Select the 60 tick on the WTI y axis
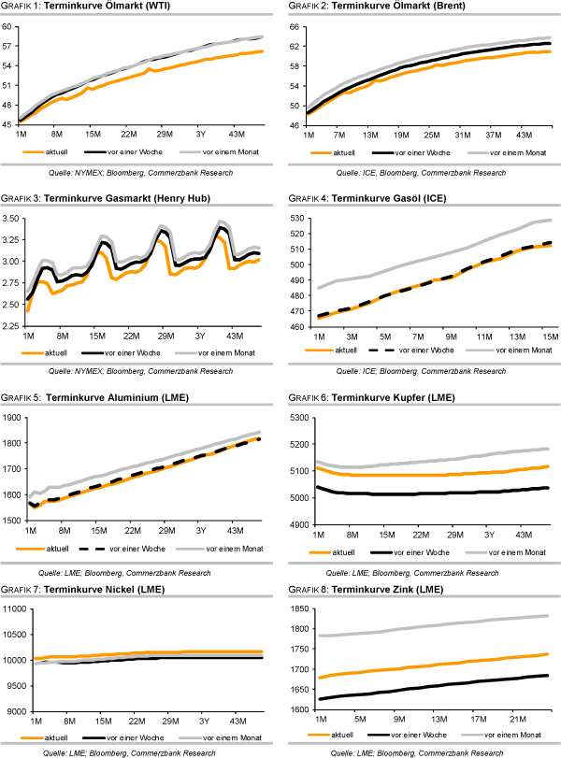[x=11, y=26]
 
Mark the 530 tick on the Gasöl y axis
[x=291, y=219]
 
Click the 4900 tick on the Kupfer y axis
[x=291, y=524]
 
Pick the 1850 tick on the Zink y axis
[x=291, y=609]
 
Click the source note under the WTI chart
[x=139, y=173]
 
